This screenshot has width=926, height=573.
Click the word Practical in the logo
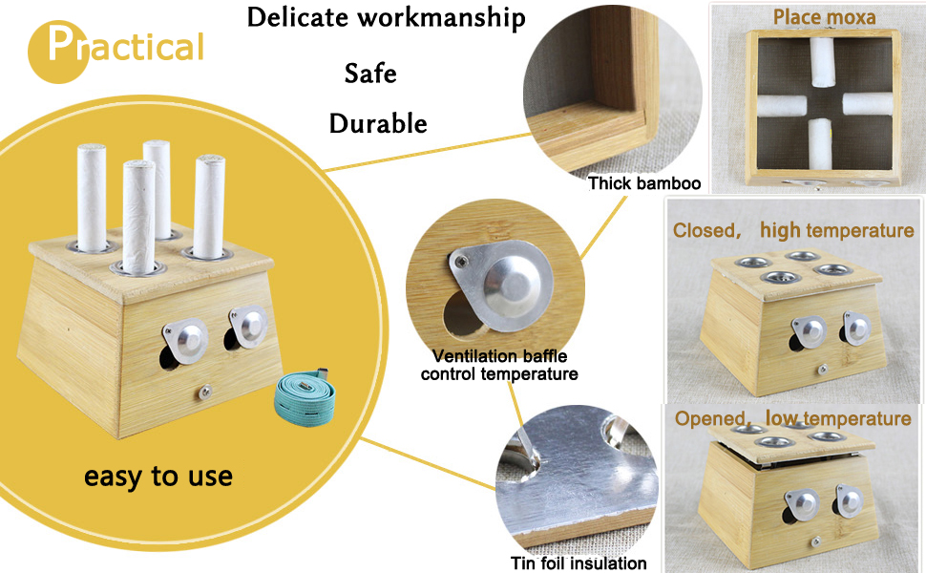(x=116, y=46)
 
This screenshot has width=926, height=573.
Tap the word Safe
(x=370, y=74)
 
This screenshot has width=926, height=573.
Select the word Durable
(x=378, y=123)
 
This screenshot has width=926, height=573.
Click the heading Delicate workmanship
(x=386, y=17)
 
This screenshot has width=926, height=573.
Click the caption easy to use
(x=158, y=475)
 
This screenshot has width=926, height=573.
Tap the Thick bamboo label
(x=644, y=183)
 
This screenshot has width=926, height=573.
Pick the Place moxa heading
(x=824, y=16)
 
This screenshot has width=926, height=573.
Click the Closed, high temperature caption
(x=793, y=230)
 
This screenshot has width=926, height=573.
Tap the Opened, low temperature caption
(x=792, y=418)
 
